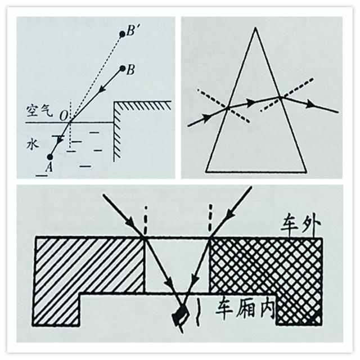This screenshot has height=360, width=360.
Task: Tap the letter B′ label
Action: pos(133,31)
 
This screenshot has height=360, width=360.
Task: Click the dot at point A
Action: pos(51,157)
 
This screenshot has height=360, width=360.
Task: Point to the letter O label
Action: pos(64,115)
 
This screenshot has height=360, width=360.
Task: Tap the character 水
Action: pos(31,144)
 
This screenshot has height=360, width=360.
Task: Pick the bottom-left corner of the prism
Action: pos(206,170)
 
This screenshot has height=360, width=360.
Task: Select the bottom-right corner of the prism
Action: pos(307,170)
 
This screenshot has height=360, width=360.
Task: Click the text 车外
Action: pos(303,226)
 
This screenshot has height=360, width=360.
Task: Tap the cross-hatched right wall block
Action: pos(264,264)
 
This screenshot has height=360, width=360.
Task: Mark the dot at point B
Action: pos(123,69)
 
